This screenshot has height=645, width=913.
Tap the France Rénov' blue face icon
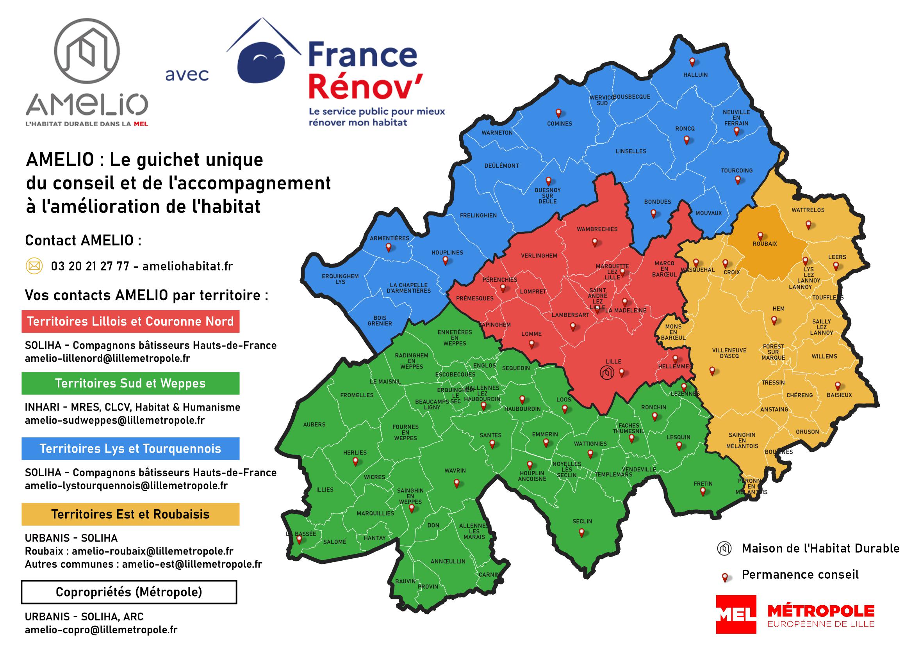pyautogui.click(x=261, y=64)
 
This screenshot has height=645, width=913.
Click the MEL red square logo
pyautogui.click(x=736, y=615)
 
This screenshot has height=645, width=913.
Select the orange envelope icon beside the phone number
pyautogui.click(x=34, y=266)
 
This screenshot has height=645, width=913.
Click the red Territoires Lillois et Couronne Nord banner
pyautogui.click(x=130, y=321)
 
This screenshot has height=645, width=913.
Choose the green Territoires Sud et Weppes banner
pyautogui.click(x=130, y=383)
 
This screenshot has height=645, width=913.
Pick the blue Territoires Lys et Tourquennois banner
pyautogui.click(x=130, y=449)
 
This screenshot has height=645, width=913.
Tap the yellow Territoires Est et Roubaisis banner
pyautogui.click(x=130, y=514)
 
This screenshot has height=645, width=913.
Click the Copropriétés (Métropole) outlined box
pyautogui.click(x=129, y=592)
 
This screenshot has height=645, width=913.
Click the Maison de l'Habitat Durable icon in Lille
pyautogui.click(x=607, y=373)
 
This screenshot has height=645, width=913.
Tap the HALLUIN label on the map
pyautogui.click(x=695, y=75)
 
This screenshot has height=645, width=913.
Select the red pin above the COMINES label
pyautogui.click(x=558, y=113)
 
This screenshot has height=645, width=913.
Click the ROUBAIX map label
pyautogui.click(x=765, y=243)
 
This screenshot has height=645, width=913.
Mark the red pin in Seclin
pyautogui.click(x=581, y=532)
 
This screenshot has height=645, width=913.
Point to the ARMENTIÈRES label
pyautogui.click(x=389, y=238)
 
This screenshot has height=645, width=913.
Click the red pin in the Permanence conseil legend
pyautogui.click(x=725, y=577)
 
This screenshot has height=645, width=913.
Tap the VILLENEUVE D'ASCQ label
pyautogui.click(x=729, y=353)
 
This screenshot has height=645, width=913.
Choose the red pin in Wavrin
pyautogui.click(x=456, y=483)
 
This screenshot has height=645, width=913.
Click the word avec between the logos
pyautogui.click(x=187, y=75)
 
